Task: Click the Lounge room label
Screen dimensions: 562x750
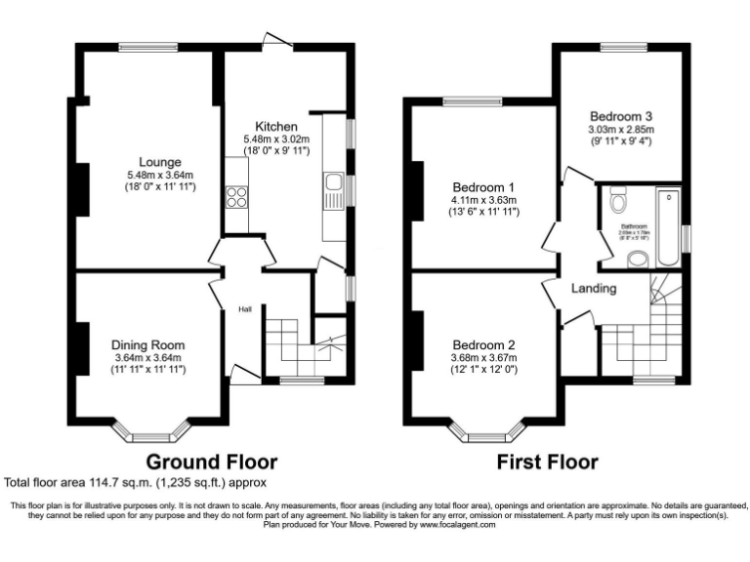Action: click(x=159, y=162)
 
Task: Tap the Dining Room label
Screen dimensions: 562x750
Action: click(x=147, y=344)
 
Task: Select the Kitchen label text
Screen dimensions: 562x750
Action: click(x=276, y=127)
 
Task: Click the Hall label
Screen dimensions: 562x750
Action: click(x=245, y=310)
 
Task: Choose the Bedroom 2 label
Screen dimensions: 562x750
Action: click(x=483, y=344)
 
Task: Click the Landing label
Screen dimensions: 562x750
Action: click(x=594, y=289)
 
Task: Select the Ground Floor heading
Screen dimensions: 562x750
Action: click(x=212, y=462)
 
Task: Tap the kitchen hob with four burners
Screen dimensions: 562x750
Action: click(x=236, y=197)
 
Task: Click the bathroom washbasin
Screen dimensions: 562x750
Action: click(x=637, y=259)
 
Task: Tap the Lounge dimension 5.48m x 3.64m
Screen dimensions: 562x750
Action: click(x=159, y=175)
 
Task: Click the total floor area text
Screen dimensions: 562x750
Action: click(x=136, y=482)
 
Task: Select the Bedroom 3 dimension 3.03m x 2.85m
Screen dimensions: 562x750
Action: click(x=620, y=129)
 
